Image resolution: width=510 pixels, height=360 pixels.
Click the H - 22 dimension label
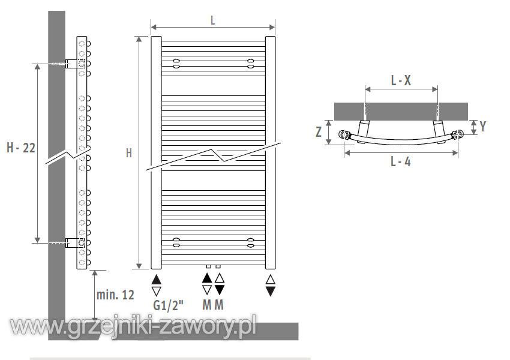tap(21, 148)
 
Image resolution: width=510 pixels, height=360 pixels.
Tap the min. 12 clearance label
tap(115, 295)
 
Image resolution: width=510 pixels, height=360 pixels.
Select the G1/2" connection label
tap(168, 305)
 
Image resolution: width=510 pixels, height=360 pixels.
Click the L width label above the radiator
tap(213, 20)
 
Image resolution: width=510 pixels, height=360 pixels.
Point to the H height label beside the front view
tap(129, 153)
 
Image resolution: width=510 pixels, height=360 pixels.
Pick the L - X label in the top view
tap(401, 80)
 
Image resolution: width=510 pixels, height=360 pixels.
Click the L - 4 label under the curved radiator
tap(400, 161)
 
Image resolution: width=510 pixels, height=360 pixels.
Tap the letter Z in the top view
tap(319, 132)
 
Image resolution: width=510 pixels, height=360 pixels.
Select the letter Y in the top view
tap(483, 126)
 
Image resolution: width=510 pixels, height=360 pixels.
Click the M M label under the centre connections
tap(213, 305)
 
